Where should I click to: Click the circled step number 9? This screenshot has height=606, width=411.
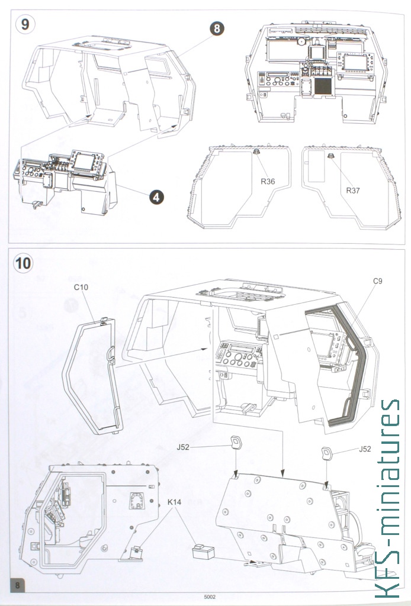click(x=25, y=24)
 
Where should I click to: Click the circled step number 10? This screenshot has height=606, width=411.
click(x=23, y=263)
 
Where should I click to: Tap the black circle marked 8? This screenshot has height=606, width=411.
click(x=217, y=28)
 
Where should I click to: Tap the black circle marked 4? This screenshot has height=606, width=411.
click(x=156, y=198)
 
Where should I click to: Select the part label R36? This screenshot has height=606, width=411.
click(x=268, y=181)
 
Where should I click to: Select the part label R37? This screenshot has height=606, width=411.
click(x=352, y=190)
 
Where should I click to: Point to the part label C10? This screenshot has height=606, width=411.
click(x=81, y=287)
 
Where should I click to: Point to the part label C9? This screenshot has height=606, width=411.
click(x=377, y=281)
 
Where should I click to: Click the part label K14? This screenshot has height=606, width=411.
click(x=174, y=502)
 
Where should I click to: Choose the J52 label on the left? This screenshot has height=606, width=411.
click(x=183, y=447)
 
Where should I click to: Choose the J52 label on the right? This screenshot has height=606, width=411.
click(x=365, y=449)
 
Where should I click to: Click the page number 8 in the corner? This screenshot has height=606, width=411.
click(x=17, y=585)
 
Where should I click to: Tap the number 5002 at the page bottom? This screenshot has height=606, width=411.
click(x=210, y=597)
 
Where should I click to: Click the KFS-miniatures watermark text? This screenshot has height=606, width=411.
click(x=387, y=498)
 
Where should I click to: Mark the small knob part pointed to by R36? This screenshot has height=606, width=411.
click(x=256, y=152)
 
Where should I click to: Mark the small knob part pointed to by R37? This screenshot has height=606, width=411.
click(x=330, y=156)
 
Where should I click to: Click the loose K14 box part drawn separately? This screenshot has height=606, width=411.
click(x=203, y=551)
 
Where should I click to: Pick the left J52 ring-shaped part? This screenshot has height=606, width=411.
click(x=236, y=442)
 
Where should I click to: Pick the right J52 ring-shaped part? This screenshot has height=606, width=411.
click(x=327, y=453)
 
